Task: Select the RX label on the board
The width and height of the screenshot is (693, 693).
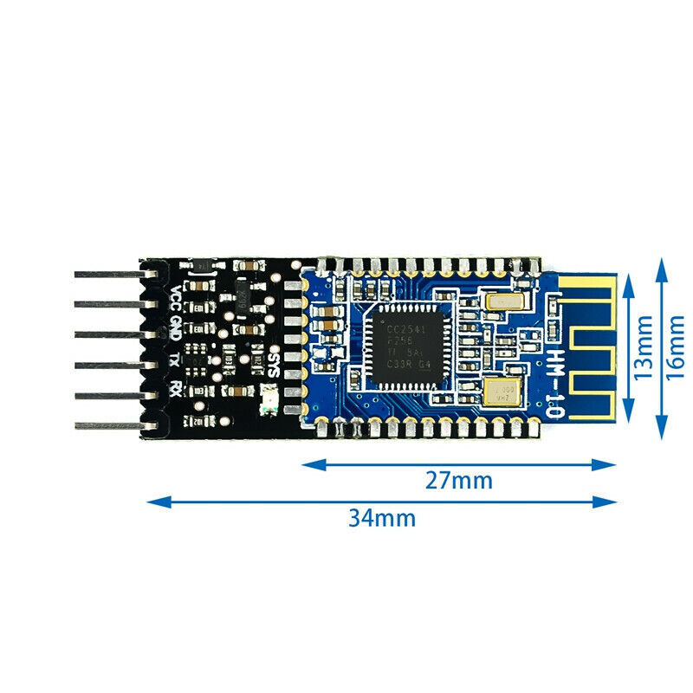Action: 176,388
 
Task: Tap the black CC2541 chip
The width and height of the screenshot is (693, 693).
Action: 401,347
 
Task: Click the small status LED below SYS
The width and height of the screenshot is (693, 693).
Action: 268,398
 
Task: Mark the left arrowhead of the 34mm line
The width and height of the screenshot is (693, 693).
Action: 152,501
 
